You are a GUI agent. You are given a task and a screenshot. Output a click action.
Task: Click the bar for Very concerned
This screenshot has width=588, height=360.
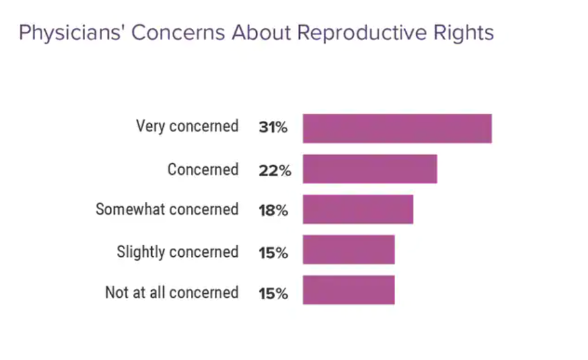pos(397,128)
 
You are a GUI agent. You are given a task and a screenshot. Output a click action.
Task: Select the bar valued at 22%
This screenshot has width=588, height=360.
pos(370,169)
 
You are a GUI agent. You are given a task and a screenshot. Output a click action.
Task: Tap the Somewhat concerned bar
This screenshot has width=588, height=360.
pos(357,209)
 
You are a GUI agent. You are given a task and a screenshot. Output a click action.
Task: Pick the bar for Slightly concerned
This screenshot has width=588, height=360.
pos(348,250)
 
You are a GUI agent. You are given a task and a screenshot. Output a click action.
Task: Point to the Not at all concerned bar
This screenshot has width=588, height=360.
pos(348,290)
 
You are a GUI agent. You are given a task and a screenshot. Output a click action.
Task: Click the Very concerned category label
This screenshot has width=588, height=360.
pos(187,126)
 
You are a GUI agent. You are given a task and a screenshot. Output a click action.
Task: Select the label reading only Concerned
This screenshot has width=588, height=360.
pos(202,170)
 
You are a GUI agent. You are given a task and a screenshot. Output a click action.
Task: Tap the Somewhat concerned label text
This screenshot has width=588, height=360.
pos(167,209)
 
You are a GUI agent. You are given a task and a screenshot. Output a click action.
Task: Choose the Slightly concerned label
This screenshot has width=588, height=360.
pos(177,252)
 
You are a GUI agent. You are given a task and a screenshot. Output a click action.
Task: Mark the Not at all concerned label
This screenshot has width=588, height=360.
pos(172,293)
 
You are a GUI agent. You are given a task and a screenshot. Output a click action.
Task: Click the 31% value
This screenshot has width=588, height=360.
pos(273,127)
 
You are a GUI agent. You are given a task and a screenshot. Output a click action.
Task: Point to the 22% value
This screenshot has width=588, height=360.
pos(275,170)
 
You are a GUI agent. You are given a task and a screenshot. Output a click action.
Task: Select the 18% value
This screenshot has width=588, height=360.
pos(274,210)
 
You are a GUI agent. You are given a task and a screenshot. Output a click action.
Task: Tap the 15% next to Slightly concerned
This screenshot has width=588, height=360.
pos(274,252)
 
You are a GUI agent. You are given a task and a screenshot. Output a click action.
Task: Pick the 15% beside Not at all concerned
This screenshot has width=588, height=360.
pos(274,293)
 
